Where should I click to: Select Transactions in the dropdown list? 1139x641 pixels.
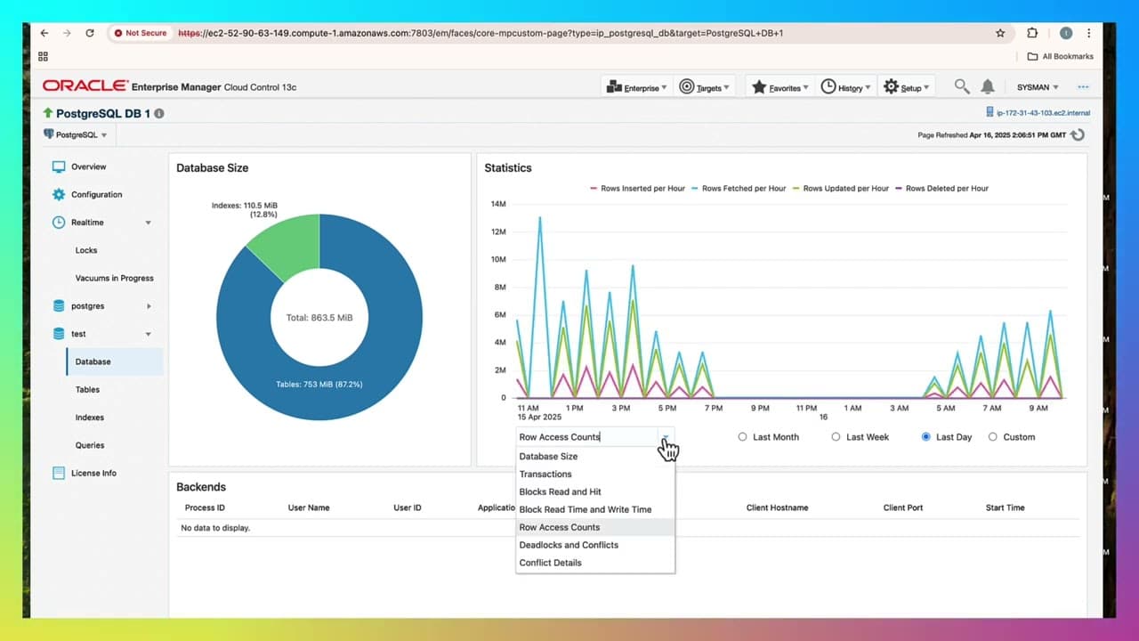tap(545, 474)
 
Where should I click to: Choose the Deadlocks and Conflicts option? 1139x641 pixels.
tap(569, 545)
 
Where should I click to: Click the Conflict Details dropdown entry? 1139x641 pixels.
tap(550, 563)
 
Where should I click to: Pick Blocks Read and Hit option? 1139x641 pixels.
tap(560, 491)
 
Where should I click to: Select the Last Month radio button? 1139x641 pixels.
tap(743, 437)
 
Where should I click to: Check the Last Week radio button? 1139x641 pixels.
tap(836, 437)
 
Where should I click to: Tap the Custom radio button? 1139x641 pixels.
tap(993, 437)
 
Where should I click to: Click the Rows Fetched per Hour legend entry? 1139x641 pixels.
tap(743, 189)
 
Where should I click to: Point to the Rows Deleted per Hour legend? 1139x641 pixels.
tap(947, 189)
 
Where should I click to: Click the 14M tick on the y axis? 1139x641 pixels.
tap(497, 204)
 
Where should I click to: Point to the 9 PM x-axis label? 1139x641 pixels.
tap(760, 408)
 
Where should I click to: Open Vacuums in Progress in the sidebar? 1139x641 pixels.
tap(114, 278)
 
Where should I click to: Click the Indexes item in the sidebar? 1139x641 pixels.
tap(89, 418)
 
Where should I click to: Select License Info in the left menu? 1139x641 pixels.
tap(93, 473)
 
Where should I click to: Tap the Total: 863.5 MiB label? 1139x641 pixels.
tap(319, 318)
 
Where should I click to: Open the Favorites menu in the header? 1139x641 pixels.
tap(780, 87)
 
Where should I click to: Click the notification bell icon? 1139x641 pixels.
tap(988, 86)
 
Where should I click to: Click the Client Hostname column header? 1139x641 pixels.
tap(777, 507)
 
